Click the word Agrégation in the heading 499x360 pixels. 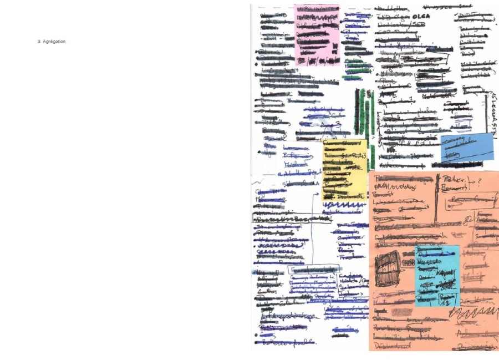pyautogui.click(x=54, y=42)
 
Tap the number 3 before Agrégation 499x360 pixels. pyautogui.click(x=39, y=42)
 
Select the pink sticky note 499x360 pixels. pyautogui.click(x=316, y=33)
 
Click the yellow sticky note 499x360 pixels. pyautogui.click(x=344, y=169)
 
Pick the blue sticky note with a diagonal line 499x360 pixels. pyautogui.click(x=467, y=147)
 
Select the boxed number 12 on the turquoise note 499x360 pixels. pyautogui.click(x=446, y=300)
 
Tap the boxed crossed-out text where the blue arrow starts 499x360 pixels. pyautogui.click(x=313, y=270)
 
